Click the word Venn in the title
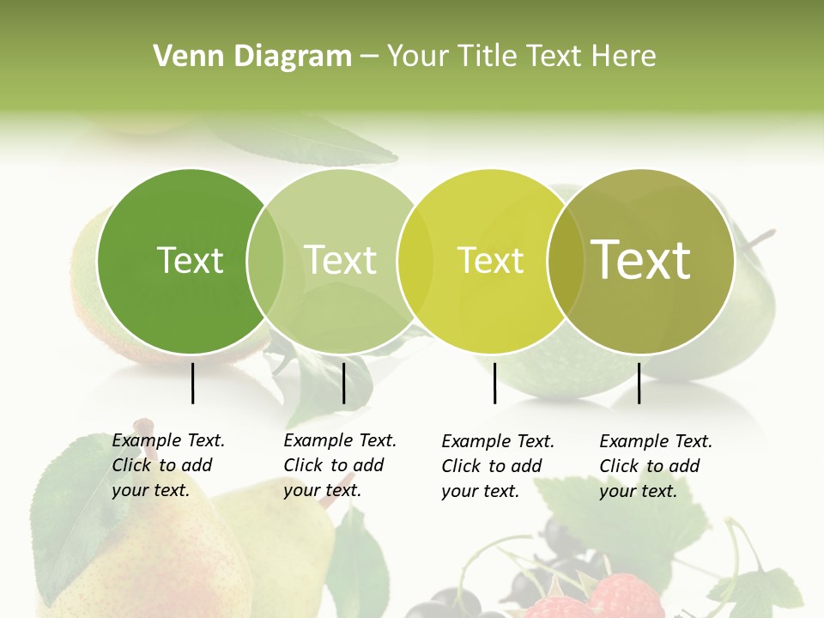tap(182, 56)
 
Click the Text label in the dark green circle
tap(190, 260)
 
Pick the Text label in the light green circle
tap(341, 260)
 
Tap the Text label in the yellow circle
tap(490, 260)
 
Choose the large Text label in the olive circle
tap(641, 260)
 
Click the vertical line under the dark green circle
tap(193, 383)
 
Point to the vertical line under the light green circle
tap(343, 383)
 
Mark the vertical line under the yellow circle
tap(495, 383)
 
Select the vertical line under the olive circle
tap(639, 383)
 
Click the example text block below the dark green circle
tap(168, 465)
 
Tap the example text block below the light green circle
tap(340, 465)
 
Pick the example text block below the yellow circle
tap(498, 466)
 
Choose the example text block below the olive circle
tap(656, 466)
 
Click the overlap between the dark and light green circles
tap(265, 260)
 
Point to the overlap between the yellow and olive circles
tap(564, 260)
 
